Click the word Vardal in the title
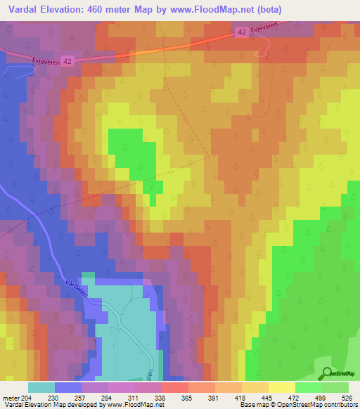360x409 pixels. (24, 9)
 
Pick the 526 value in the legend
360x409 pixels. (349, 396)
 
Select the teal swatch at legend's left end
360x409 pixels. (41, 387)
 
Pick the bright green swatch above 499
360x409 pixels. (309, 387)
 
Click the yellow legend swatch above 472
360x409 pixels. (282, 387)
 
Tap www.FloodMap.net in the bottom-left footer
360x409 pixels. (130, 405)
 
